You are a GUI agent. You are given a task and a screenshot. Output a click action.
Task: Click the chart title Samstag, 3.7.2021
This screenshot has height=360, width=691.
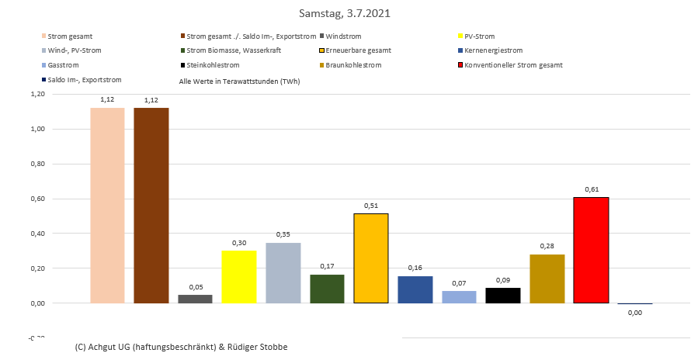click(345, 14)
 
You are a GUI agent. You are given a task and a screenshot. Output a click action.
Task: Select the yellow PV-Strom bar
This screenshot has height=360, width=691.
click(238, 277)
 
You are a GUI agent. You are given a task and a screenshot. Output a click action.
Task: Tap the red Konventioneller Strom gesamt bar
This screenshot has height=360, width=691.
click(591, 250)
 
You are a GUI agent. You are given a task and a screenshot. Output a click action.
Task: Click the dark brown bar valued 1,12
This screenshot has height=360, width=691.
click(151, 206)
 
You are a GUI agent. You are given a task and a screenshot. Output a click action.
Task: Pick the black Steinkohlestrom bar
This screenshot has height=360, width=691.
click(502, 296)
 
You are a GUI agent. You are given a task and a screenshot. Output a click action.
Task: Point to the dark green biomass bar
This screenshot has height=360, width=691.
click(327, 289)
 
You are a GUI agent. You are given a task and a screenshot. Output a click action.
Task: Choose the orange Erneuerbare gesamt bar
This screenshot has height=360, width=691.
click(370, 258)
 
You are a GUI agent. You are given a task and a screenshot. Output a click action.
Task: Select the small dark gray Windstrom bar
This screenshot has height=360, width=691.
click(195, 299)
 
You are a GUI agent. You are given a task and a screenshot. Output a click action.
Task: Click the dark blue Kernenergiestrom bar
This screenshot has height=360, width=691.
click(415, 289)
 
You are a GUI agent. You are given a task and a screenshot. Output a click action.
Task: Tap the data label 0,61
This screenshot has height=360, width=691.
click(591, 189)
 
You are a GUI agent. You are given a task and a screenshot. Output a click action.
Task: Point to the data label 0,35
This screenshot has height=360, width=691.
click(283, 234)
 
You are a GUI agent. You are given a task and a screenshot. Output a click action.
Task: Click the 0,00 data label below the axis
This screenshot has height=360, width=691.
click(634, 312)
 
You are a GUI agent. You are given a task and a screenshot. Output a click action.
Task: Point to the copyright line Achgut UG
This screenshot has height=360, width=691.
click(182, 347)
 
